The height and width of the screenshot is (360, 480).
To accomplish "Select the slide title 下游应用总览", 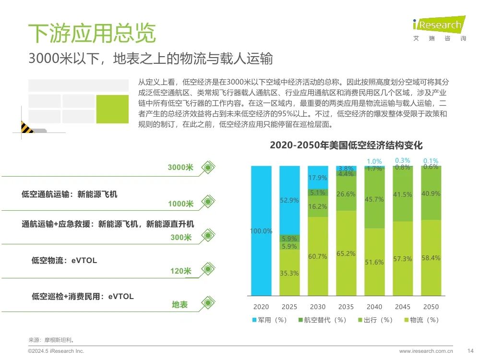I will coord(92,34).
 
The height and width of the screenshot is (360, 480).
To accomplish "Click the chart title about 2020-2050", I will coord(346,145).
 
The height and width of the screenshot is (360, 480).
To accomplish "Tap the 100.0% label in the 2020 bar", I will coord(261,231).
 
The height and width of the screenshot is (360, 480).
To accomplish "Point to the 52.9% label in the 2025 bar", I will coord(289,200).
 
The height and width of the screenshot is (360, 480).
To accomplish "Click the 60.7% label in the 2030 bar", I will coord(318,257).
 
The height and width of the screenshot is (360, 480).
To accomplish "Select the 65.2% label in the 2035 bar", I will coord(346,253).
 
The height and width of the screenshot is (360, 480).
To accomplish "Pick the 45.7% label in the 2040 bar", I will coord(374,199).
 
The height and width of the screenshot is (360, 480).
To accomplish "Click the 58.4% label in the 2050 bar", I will coord(431,258).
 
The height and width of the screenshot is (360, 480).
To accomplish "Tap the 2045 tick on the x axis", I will coord(403,307).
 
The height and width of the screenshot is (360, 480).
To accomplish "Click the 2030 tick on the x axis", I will coord(318,307).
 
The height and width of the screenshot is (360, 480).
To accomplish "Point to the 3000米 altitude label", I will coord(180,168).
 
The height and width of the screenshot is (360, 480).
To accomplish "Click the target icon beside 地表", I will coord(208,302).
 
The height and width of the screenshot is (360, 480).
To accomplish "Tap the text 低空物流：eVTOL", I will coord(64,261).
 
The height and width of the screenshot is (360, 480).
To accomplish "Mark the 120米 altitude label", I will coord(180,271).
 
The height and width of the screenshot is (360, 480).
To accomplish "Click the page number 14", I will coord(470,350).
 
